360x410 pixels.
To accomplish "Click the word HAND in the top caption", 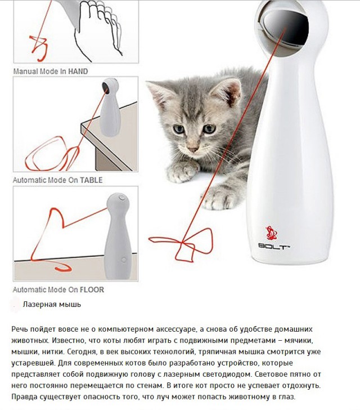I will pos(78,72).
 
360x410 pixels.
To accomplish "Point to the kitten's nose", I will pos(192,149).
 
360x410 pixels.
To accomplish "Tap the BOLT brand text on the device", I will pos(274,246).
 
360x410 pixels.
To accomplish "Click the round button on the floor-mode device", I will pos(120,198).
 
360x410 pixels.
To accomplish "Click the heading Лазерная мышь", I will pos(52,305).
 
